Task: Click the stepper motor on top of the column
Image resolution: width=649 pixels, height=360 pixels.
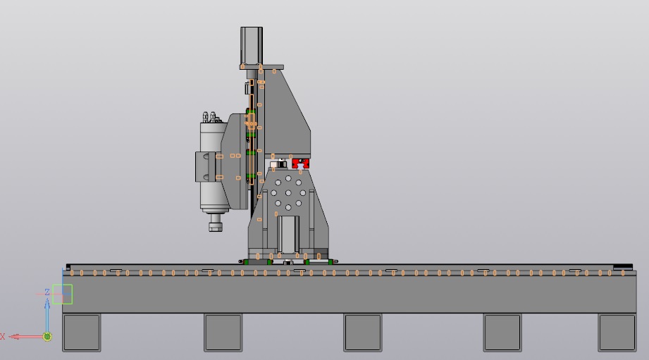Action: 252,46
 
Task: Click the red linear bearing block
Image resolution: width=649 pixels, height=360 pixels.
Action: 300,163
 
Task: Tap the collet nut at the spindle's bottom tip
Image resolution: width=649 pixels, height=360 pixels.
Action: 216,226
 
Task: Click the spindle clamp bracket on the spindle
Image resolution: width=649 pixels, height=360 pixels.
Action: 205,167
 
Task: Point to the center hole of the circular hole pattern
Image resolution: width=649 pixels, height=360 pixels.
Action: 288,193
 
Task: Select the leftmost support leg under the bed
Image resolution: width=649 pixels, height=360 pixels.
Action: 82,333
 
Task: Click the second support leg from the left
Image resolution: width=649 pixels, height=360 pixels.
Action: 223,333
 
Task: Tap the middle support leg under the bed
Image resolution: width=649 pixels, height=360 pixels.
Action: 363,333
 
